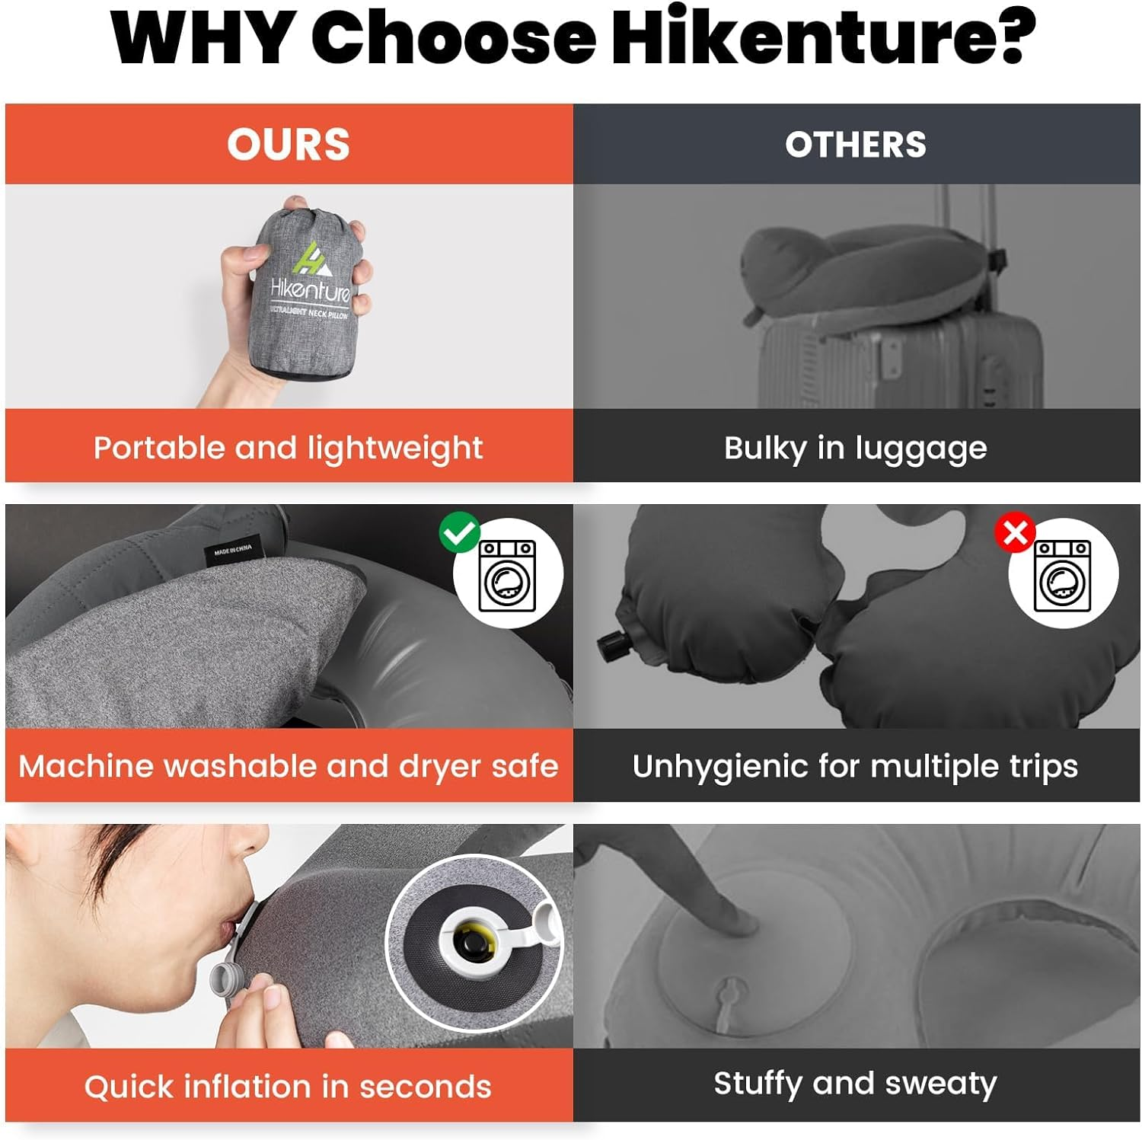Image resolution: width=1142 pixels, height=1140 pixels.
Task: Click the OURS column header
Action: [289, 144]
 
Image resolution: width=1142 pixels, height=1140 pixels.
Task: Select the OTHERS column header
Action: [856, 144]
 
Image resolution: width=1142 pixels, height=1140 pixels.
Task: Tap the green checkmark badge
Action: [459, 532]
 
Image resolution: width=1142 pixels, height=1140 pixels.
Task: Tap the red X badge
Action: [1015, 532]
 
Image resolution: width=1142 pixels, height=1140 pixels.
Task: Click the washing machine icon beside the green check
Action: [508, 575]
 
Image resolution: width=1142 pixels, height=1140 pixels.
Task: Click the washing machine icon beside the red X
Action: [1063, 575]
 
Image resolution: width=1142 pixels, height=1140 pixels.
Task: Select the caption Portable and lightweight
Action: [288, 448]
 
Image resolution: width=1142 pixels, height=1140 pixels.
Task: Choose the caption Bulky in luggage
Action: [855, 448]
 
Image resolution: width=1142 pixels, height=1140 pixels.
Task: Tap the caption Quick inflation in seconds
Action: [288, 1087]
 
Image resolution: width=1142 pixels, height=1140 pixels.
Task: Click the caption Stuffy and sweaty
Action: [855, 1084]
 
